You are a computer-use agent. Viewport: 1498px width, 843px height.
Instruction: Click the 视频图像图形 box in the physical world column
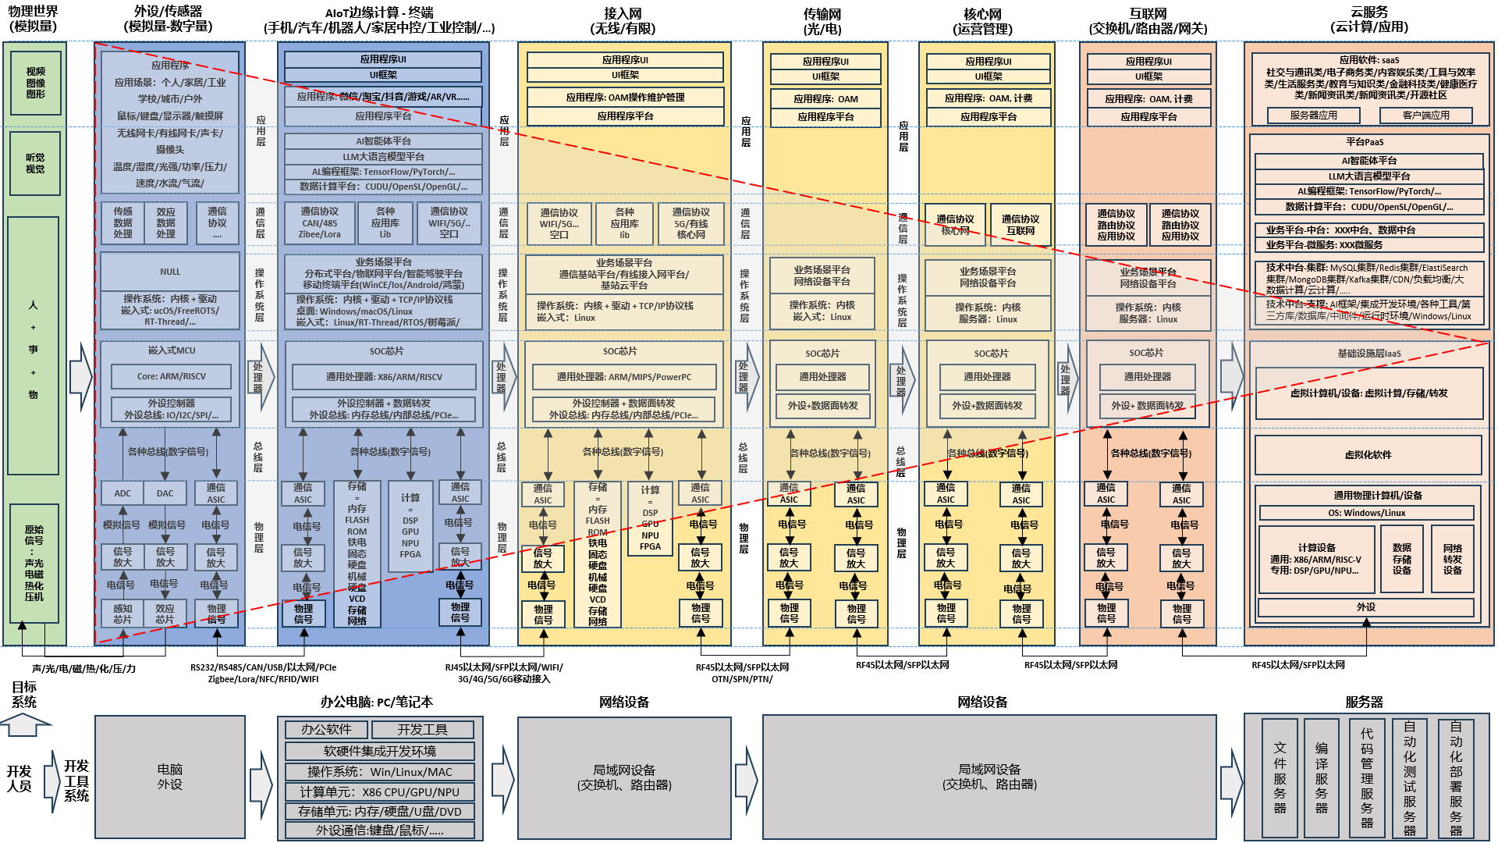(x=35, y=83)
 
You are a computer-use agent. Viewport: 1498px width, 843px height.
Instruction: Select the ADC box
(x=122, y=493)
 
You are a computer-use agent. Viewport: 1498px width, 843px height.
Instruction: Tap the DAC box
(x=165, y=493)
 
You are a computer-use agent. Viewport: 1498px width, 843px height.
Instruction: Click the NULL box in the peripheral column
(x=170, y=272)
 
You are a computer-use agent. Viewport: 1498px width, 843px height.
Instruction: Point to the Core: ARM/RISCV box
(x=171, y=376)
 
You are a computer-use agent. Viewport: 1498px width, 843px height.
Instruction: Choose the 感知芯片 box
(x=122, y=614)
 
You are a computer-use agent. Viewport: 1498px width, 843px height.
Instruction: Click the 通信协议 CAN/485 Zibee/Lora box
(x=320, y=222)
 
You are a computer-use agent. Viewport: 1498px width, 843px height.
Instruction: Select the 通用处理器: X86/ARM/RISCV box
(x=384, y=377)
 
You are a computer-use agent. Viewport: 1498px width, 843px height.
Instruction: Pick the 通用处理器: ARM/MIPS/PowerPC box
(x=623, y=377)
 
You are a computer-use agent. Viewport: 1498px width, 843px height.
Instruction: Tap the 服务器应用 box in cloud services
(x=1313, y=115)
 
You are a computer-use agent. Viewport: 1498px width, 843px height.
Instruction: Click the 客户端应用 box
(x=1425, y=115)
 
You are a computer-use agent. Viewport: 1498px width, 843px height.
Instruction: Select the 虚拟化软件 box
(x=1368, y=454)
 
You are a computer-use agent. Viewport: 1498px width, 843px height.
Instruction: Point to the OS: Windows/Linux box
(x=1366, y=513)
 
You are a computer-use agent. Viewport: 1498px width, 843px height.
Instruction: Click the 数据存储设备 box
(x=1401, y=559)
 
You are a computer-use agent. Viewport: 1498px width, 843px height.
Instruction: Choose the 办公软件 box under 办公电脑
(x=326, y=729)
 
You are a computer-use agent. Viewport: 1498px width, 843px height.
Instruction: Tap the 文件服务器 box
(x=1280, y=777)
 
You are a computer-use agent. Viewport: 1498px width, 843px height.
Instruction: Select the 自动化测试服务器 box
(x=1409, y=777)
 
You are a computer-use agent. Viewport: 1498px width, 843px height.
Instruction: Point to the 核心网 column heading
(x=982, y=21)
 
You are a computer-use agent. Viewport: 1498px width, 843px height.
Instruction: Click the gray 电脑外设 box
(x=169, y=777)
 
